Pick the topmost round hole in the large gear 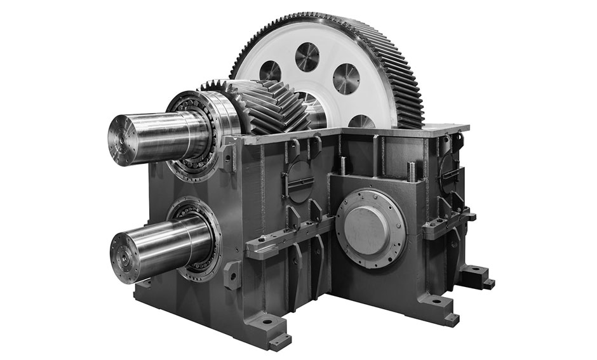click(x=307, y=57)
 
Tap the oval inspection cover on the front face click(x=298, y=180)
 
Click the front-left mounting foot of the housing click(x=270, y=330)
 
